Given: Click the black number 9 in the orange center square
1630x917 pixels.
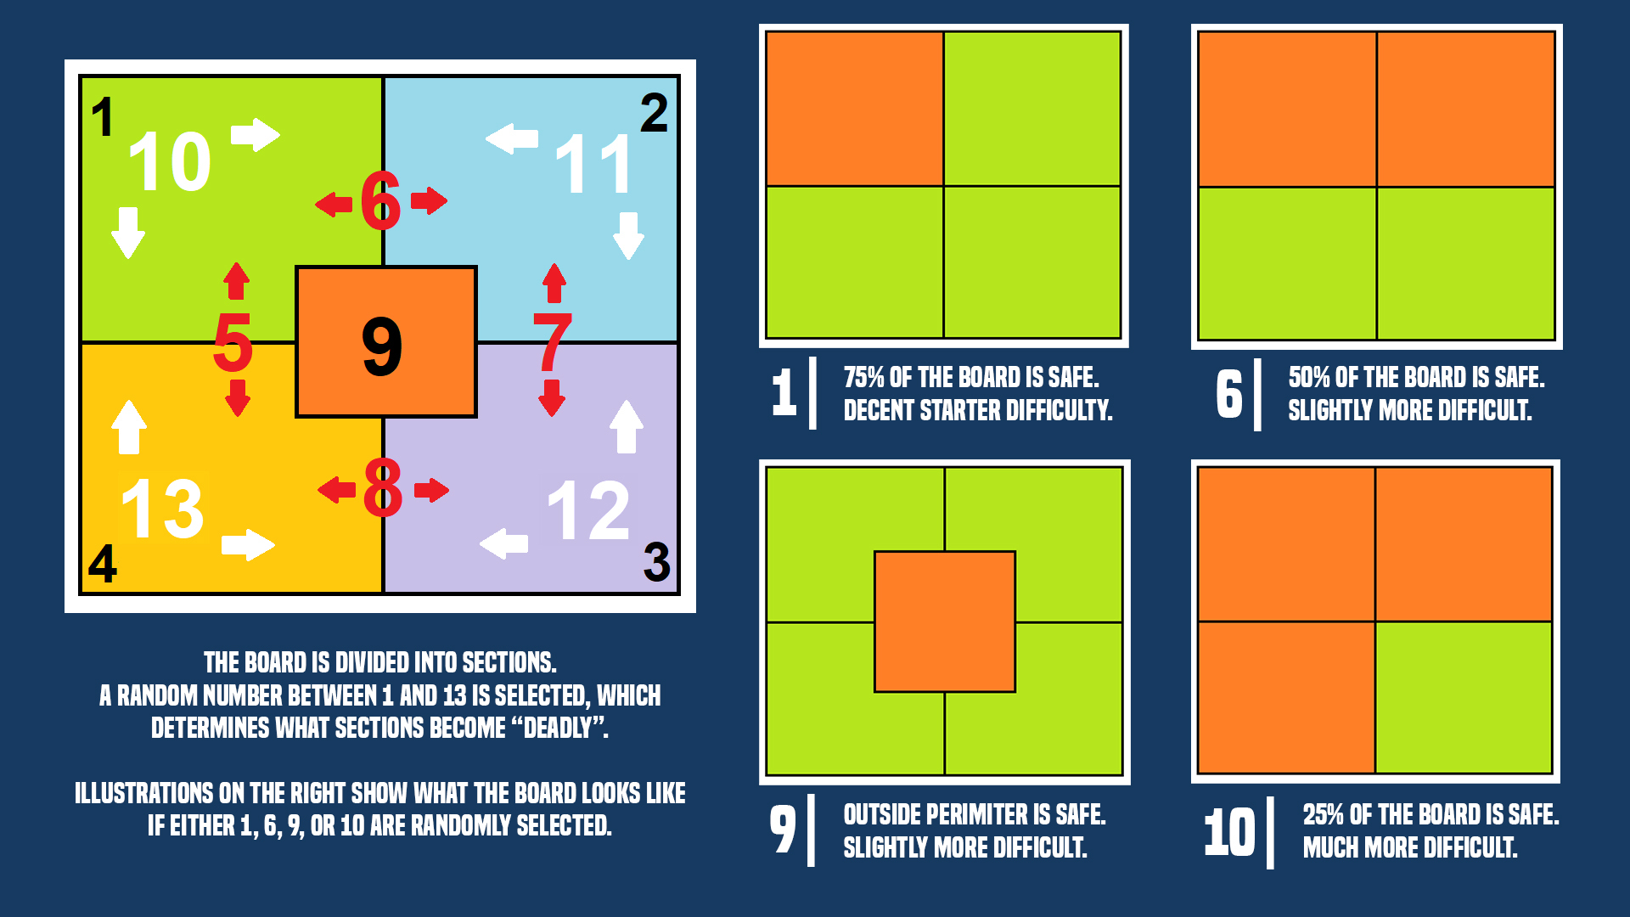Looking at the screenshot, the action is tap(382, 346).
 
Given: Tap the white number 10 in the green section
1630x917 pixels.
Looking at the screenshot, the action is tap(170, 161).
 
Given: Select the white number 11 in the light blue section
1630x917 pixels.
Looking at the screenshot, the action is tap(594, 165).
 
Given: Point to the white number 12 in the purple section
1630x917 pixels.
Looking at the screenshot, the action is tap(588, 510).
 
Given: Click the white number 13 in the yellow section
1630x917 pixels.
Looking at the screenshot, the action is tap(163, 509).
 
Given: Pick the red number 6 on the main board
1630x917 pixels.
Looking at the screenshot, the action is tap(380, 200).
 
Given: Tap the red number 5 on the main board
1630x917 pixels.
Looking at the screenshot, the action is tap(233, 341).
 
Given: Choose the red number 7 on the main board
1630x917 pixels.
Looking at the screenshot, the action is tap(553, 341).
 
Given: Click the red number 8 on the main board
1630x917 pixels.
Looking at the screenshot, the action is tap(382, 487).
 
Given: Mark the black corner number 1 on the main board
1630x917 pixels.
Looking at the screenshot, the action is tap(103, 116).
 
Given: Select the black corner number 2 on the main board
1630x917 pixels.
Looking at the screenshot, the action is tap(654, 113).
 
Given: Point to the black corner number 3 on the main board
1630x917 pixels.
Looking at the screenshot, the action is tap(656, 562).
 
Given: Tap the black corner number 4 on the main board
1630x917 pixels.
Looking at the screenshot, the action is tap(103, 563).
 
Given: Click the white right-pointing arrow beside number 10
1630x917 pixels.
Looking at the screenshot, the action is tap(256, 134).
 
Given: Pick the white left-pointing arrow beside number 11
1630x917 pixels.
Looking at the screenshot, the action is tap(512, 138).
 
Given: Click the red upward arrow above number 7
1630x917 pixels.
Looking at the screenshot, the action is tap(554, 283).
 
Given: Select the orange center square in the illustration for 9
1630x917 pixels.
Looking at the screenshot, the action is tap(945, 622).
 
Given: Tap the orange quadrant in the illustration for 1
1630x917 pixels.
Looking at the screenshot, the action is tap(855, 109).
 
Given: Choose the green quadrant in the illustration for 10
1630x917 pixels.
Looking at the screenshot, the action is tap(1464, 697).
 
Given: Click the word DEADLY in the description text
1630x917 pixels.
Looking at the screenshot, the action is tap(558, 728).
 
